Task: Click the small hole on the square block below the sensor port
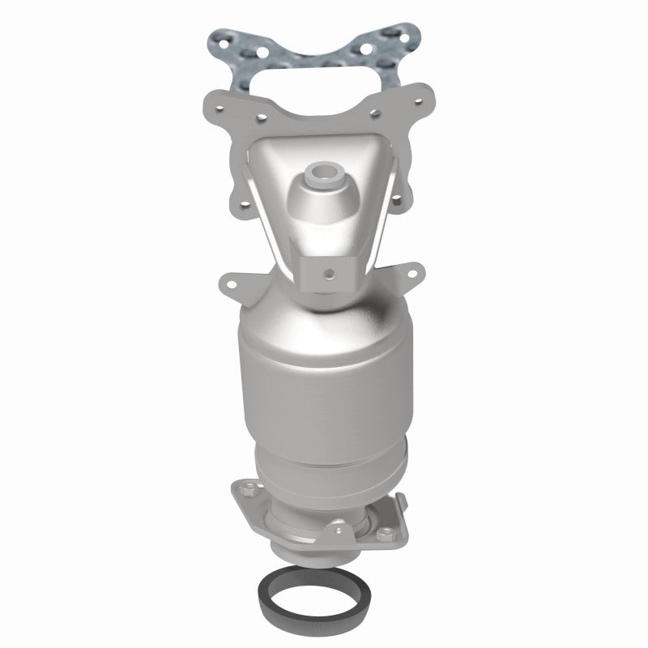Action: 330,272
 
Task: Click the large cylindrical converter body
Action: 324,381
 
